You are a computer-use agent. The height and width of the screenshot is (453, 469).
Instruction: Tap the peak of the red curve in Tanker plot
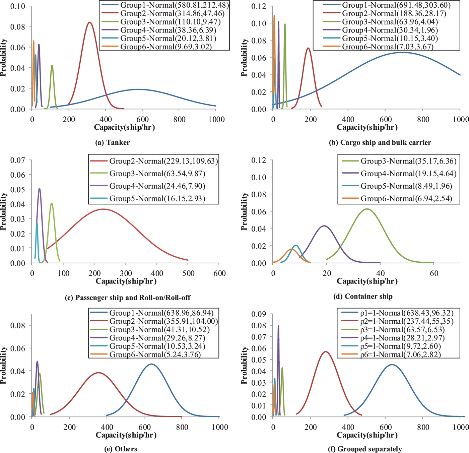click(x=89, y=22)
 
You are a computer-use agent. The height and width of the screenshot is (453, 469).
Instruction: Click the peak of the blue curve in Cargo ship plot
click(x=402, y=52)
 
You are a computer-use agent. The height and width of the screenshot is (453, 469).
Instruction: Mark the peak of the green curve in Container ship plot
click(x=367, y=209)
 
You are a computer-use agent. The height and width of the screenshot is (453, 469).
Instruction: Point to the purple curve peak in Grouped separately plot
click(x=278, y=326)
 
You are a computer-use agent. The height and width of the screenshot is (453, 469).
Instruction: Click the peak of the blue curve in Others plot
click(x=151, y=364)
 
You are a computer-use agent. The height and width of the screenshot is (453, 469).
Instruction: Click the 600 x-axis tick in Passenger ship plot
click(x=219, y=273)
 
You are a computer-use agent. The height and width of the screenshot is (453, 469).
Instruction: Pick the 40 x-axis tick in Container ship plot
click(x=380, y=273)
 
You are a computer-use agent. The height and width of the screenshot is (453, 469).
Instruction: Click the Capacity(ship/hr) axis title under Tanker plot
click(x=124, y=127)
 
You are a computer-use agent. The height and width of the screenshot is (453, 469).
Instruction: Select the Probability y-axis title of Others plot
click(x=4, y=365)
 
